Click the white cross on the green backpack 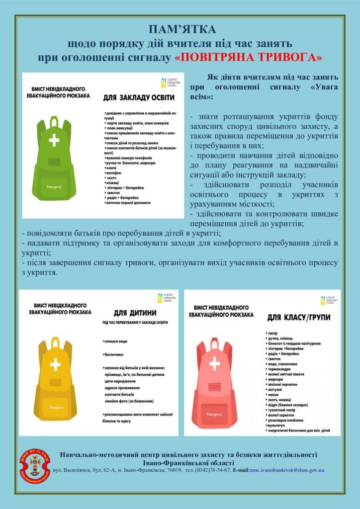coord(54,140)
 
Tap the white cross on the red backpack coord(214,364)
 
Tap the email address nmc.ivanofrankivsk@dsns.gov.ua coord(287,470)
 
